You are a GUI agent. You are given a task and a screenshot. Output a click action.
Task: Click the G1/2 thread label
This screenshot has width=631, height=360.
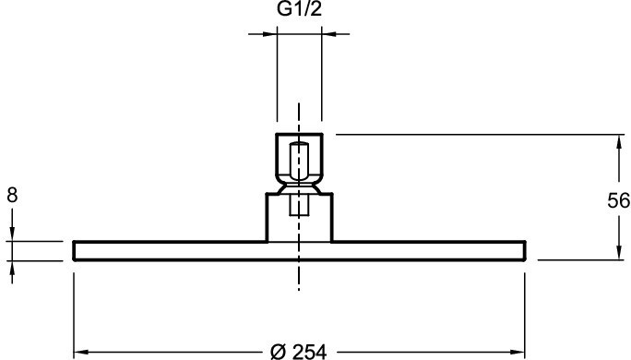tap(300, 9)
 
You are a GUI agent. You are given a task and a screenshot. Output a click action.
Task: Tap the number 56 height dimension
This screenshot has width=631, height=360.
tap(618, 200)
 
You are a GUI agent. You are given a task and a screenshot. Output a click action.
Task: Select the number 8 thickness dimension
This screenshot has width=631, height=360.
tap(12, 196)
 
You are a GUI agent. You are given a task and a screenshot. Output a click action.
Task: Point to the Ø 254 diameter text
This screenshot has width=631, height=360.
tap(298, 352)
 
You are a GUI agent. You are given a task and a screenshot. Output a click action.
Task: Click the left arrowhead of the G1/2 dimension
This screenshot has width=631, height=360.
tap(269, 34)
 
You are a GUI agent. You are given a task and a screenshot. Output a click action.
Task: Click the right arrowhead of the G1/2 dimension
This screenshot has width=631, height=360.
tap(329, 34)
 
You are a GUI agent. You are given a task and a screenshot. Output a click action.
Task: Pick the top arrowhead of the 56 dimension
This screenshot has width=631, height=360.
tap(618, 142)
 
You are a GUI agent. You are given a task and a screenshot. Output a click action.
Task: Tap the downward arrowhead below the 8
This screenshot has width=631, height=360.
tap(12, 234)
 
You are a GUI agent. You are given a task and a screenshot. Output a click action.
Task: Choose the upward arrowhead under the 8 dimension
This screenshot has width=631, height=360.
tap(12, 269)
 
